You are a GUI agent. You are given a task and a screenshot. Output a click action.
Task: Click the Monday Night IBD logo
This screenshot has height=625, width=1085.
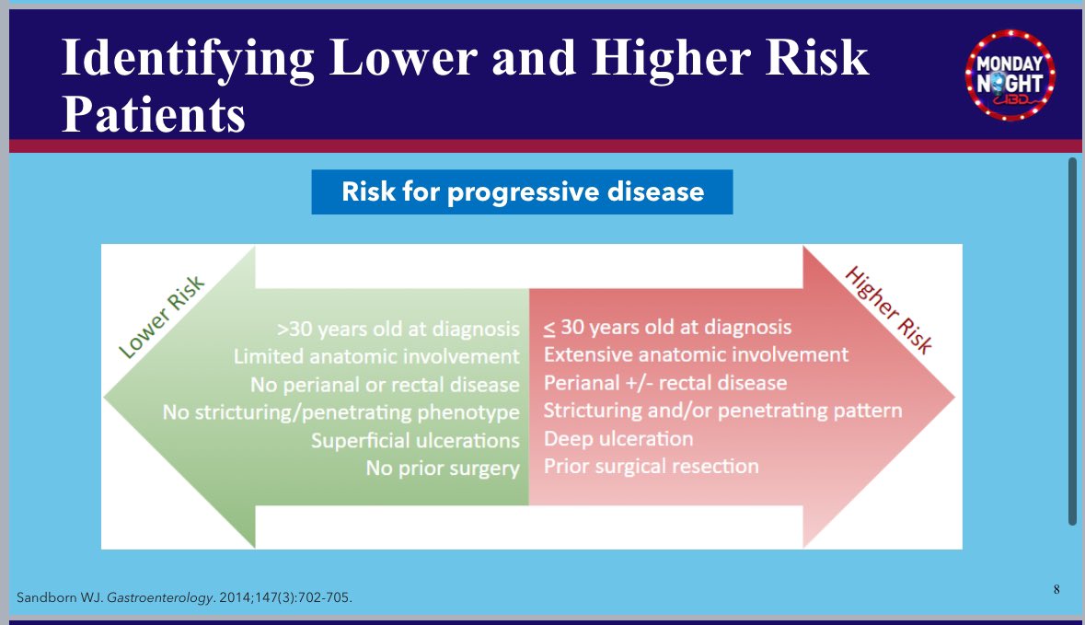1010,74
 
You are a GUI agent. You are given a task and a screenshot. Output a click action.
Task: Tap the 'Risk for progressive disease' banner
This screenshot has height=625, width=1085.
522,192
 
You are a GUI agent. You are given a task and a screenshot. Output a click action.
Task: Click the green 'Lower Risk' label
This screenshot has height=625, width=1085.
161,318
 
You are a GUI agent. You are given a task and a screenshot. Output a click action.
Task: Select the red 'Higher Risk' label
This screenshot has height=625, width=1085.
888,310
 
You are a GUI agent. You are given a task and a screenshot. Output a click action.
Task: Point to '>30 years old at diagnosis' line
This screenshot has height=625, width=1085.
398,329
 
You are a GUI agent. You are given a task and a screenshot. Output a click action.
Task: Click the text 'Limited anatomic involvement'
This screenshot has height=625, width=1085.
376,356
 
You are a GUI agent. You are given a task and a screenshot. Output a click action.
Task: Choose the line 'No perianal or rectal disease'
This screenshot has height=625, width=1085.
385,384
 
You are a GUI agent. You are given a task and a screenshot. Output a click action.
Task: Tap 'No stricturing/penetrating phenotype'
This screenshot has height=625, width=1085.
341,412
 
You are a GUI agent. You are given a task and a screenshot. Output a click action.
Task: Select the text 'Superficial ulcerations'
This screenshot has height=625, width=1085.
415,440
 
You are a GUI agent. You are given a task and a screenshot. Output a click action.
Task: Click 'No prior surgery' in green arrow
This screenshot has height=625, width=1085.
443,469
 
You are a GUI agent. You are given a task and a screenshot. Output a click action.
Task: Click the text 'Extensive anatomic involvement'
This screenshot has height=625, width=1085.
696,354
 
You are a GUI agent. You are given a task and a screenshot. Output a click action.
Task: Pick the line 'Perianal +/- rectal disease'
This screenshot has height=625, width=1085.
665,382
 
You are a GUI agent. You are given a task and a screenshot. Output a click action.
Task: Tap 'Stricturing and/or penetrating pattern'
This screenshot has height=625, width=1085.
722,410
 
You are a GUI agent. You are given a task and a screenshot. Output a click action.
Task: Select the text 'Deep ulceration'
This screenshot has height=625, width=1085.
618,438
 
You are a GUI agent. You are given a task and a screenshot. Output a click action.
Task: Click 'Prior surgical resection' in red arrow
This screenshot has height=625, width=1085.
652,466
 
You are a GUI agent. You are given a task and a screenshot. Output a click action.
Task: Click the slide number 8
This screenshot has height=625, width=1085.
1056,588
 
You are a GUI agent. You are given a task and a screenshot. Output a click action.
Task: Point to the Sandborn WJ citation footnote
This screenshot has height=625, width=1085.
184,598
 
